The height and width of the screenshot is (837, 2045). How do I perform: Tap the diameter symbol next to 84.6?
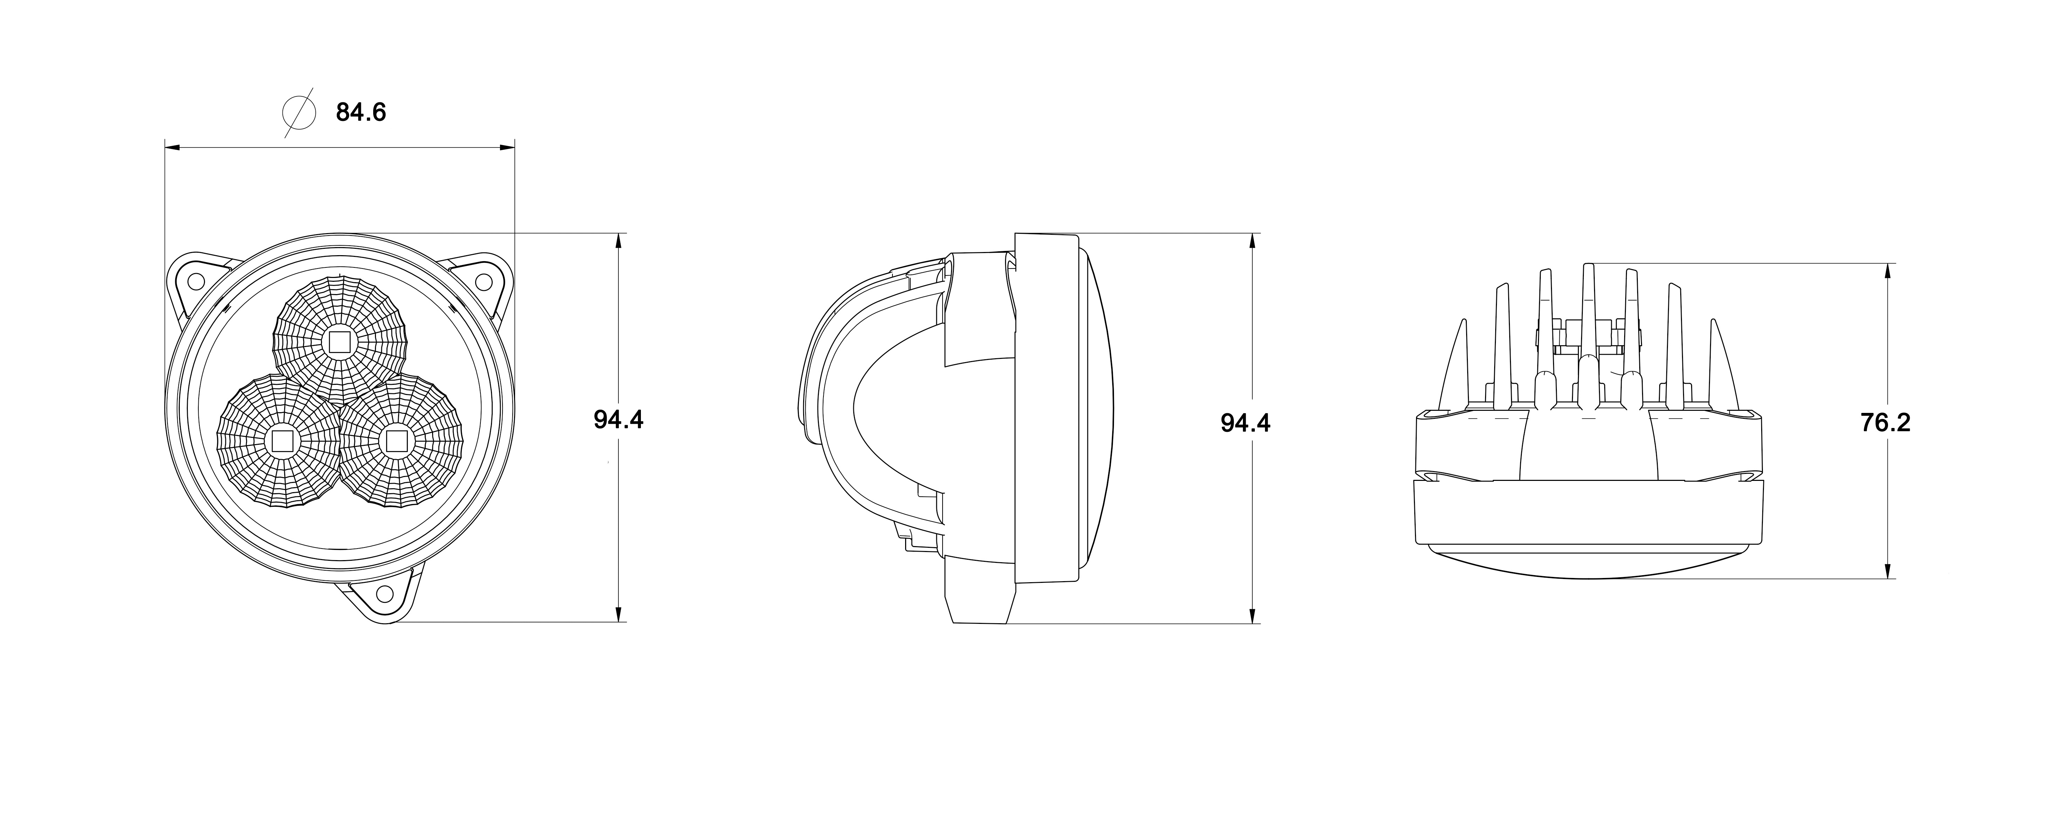[x=298, y=112]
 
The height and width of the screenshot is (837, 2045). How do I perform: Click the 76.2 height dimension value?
[x=1886, y=422]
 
